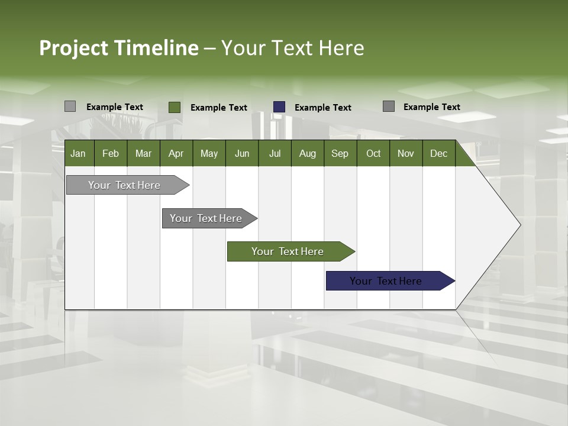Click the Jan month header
[x=78, y=153]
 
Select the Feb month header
[x=111, y=153]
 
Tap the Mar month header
[x=143, y=153]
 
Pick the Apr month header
[x=176, y=153]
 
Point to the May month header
[x=209, y=153]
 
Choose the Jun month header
[x=242, y=153]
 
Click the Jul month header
[x=275, y=153]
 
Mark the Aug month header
[x=307, y=153]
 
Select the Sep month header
[x=340, y=153]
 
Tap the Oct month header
[x=373, y=153]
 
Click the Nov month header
[x=406, y=153]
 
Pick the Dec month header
[x=438, y=153]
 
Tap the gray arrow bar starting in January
[x=125, y=185]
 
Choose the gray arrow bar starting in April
[x=206, y=218]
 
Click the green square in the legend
[x=175, y=107]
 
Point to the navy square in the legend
[x=279, y=107]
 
